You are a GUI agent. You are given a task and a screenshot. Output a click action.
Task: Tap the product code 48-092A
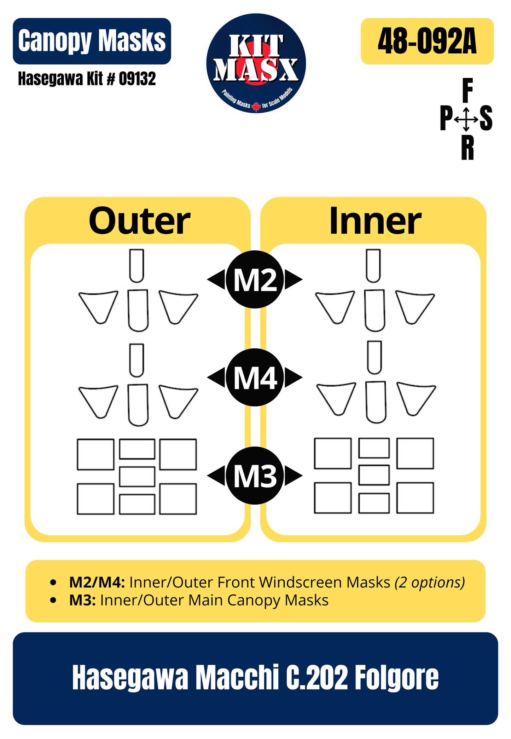coord(427,41)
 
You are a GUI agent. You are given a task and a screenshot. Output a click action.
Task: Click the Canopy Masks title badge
coord(92,41)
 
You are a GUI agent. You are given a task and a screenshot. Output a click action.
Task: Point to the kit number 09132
coord(137,79)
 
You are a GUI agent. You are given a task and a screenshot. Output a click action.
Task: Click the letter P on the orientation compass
coord(446,119)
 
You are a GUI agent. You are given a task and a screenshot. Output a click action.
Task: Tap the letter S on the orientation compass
coord(486,119)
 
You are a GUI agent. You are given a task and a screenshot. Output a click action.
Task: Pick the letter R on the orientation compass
coord(467,148)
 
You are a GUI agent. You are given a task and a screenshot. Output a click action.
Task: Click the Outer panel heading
coord(139,221)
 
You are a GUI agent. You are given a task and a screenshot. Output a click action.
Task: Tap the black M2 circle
coord(255,279)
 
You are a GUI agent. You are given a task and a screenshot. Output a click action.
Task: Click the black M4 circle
coord(255,377)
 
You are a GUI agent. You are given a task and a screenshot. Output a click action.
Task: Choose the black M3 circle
coord(255,476)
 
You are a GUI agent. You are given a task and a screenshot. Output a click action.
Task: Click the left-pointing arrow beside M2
coord(216,279)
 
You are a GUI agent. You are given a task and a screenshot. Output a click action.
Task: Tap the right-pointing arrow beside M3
coord(294,476)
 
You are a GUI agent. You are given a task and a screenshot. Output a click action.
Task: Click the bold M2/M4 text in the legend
coord(97,582)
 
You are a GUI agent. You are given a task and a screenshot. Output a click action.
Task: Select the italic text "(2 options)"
coord(429,582)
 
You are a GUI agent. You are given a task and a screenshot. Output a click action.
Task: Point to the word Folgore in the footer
coord(396,678)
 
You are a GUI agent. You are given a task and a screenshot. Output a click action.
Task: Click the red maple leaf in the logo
coord(256,106)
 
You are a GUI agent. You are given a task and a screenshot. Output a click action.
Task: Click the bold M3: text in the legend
coord(82,600)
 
